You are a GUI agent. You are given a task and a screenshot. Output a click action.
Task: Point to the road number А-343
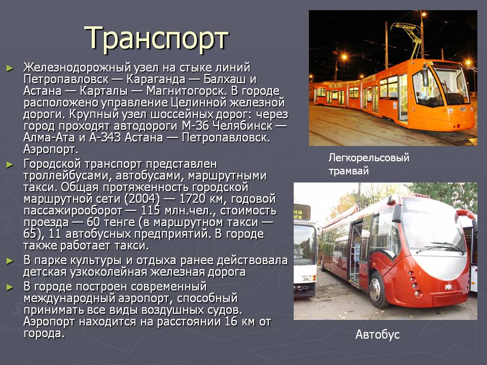[105, 137]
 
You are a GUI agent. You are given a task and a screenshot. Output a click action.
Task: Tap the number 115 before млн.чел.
[151, 210]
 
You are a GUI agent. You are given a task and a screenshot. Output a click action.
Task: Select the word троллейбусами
[67, 176]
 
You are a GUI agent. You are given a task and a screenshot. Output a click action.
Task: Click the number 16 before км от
[231, 321]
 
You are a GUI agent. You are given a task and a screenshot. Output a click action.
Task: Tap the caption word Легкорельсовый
[369, 158]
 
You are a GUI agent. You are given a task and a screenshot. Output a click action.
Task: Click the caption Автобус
[377, 335]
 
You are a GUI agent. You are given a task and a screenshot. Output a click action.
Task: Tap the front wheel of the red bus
[376, 289]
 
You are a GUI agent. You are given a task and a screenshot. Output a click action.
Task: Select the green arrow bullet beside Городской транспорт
[10, 164]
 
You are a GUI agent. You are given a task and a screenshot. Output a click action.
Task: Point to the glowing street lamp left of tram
[344, 57]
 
